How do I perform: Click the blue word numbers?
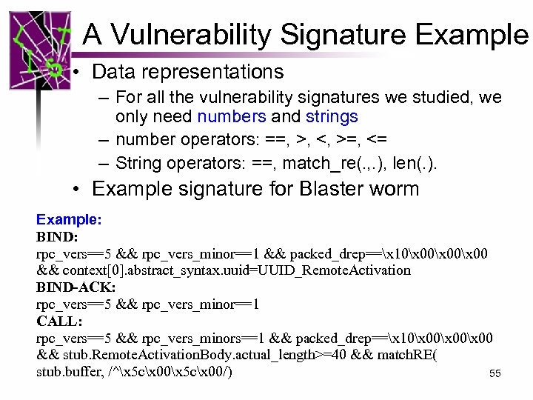[x=231, y=117]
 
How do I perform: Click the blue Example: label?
[x=69, y=220]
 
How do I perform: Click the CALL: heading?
[x=59, y=321]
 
